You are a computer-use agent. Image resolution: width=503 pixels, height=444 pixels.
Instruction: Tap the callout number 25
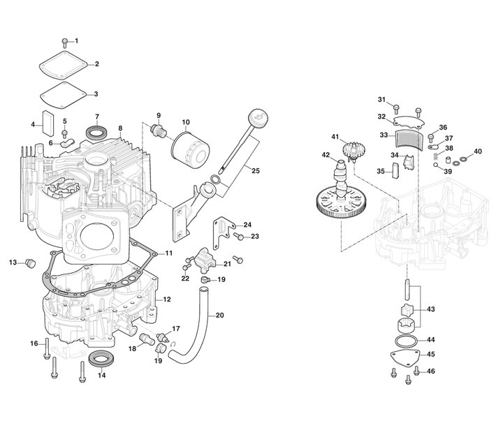click(255, 171)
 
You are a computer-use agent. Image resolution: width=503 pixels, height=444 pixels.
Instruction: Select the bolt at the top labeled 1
click(65, 41)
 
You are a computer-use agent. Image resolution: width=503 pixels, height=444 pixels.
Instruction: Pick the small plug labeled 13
click(30, 263)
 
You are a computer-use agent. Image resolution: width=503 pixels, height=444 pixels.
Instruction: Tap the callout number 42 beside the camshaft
click(326, 155)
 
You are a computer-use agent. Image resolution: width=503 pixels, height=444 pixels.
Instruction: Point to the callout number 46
click(430, 371)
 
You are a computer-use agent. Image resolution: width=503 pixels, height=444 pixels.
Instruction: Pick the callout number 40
click(478, 151)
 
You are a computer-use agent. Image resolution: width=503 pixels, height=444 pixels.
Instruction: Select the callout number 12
click(167, 299)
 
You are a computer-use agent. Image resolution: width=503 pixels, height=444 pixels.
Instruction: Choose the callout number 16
click(33, 343)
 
